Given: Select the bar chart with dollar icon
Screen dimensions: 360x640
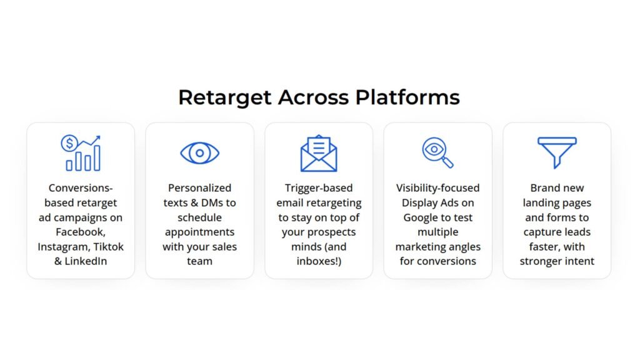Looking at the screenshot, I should (81, 153).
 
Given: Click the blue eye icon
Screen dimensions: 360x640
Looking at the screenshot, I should (199, 153).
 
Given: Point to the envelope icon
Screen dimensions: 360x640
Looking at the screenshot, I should (319, 154).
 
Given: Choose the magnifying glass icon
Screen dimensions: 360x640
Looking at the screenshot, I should (437, 153).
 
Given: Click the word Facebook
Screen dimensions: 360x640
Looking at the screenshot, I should (79, 232).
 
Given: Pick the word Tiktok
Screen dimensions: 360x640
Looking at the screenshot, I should (109, 247).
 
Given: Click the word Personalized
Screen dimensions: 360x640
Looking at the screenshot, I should (199, 188).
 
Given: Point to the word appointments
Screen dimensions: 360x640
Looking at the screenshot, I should (199, 232).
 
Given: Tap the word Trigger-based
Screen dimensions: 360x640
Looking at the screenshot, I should (319, 188).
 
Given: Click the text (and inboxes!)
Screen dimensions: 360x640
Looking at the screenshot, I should (319, 254).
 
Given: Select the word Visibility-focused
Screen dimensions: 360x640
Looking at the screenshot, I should (437, 188).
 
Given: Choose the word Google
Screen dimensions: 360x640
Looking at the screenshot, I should (421, 217).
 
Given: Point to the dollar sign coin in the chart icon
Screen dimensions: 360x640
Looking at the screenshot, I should (68, 143).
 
